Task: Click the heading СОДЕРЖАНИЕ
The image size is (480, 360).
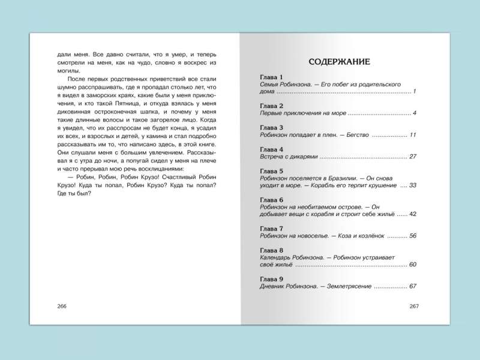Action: (338, 61)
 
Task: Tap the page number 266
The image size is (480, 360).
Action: (61, 306)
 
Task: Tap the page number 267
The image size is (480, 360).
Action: (413, 306)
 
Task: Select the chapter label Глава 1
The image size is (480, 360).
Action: (272, 78)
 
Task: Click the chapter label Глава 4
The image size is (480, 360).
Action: (272, 149)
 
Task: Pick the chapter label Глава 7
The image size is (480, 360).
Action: (272, 229)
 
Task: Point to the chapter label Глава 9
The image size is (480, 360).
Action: (272, 278)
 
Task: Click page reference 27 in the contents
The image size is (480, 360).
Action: (412, 157)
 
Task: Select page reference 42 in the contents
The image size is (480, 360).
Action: (412, 214)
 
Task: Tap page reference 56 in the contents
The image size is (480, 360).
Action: (412, 236)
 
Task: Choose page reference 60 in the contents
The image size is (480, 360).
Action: (412, 265)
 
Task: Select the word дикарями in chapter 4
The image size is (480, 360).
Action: (300, 157)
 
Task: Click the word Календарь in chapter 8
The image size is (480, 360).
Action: (278, 257)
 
